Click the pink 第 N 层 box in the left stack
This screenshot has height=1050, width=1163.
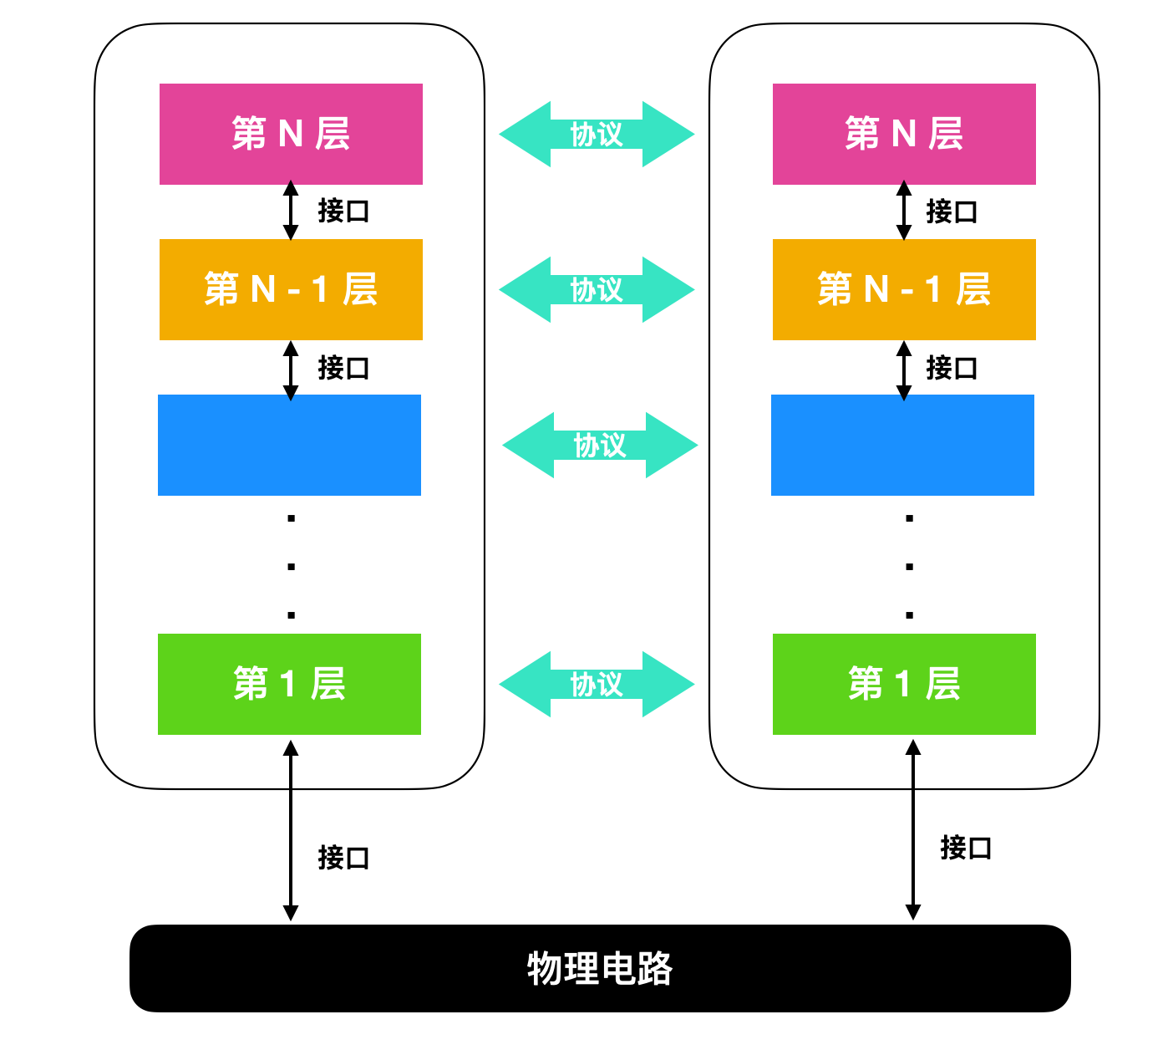291,134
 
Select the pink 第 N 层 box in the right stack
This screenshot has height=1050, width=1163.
904,134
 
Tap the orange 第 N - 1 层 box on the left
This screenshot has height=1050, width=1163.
291,289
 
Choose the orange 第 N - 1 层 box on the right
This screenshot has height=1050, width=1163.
904,289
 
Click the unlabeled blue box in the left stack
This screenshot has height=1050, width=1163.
289,445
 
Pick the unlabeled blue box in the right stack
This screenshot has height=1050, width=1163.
902,445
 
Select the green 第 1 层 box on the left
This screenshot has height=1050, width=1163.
289,684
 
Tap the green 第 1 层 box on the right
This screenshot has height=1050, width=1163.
904,684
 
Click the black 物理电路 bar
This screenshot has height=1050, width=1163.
600,968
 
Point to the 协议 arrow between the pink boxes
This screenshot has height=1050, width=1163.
597,134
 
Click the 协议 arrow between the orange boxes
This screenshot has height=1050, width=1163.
597,289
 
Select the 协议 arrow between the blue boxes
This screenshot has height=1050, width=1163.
600,445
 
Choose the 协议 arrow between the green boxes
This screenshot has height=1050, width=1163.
597,684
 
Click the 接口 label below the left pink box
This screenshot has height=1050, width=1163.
343,211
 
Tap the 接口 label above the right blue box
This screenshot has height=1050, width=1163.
952,368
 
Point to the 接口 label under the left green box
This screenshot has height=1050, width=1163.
343,858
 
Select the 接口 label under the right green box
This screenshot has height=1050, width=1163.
966,848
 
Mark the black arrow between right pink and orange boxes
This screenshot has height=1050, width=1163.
904,212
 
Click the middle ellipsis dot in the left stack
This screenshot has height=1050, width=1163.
291,567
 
